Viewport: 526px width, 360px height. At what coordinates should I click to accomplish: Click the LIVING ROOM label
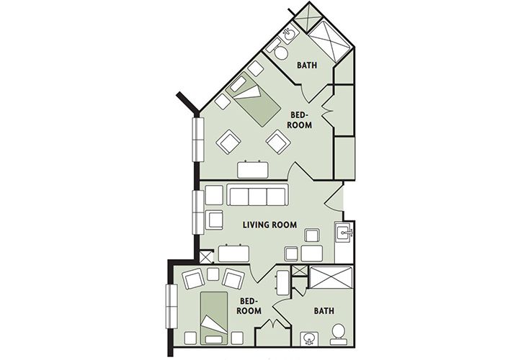point(269,224)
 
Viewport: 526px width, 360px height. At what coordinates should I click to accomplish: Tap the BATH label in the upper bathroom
point(308,66)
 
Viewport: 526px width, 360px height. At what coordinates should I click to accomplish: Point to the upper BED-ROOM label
point(301,120)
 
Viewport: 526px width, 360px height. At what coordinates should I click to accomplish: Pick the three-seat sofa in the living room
point(257,196)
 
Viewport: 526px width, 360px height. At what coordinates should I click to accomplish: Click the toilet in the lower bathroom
point(338,333)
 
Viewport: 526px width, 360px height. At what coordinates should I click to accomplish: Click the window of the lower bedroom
point(171,305)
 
